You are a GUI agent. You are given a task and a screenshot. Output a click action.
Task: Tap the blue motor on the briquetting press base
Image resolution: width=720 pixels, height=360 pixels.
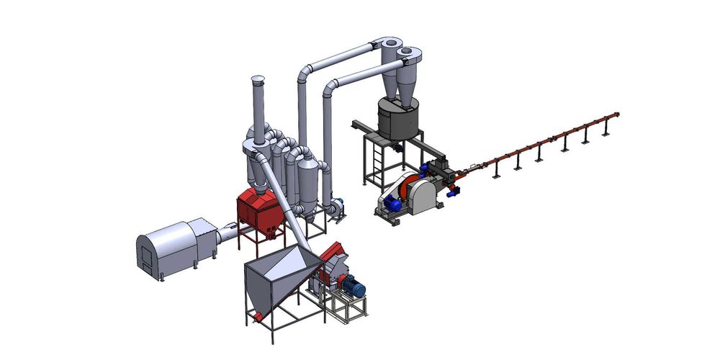(x=394, y=202)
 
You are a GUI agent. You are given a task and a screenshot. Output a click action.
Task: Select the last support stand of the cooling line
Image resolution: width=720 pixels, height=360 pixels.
(x=606, y=130)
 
